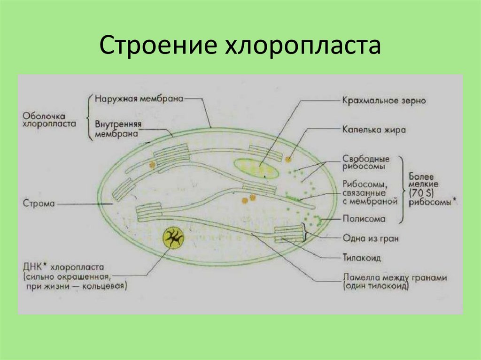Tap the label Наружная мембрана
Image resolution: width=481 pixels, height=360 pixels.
tap(138, 99)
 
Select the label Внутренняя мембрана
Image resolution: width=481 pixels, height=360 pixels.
tap(118, 129)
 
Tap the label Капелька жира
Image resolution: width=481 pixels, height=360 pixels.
tap(373, 130)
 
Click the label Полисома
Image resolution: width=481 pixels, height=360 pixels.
tap(364, 219)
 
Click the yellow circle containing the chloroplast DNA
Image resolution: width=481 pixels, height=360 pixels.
tap(173, 239)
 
